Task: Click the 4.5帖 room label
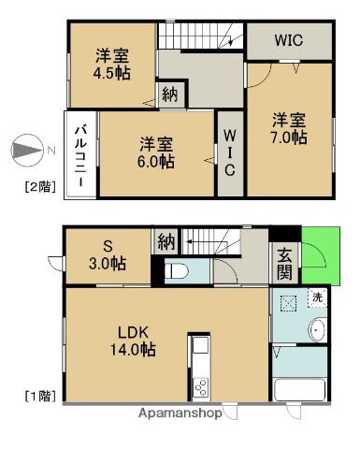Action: coord(111,64)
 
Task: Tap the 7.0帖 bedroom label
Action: coord(290,128)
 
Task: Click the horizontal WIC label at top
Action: coord(288,41)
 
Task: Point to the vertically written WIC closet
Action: coord(229,152)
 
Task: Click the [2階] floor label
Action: coord(40,187)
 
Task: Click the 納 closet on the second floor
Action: coord(169,94)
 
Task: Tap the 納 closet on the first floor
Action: coord(166,243)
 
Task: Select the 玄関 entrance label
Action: coord(283,262)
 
